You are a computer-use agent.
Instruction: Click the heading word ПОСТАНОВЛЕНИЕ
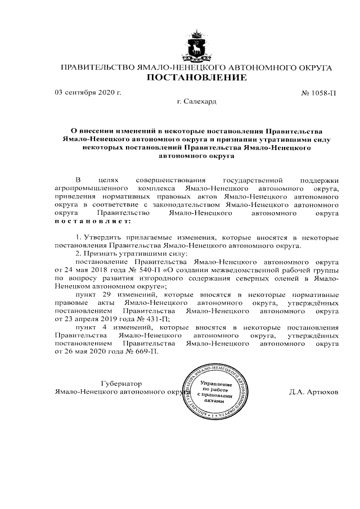196,78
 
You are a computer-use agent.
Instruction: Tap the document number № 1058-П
318,92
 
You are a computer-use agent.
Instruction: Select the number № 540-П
131,269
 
